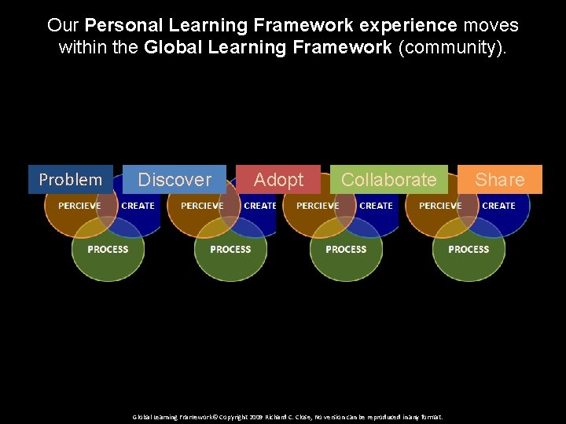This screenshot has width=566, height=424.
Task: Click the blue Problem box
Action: click(x=70, y=180)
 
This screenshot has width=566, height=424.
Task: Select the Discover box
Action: click(x=175, y=180)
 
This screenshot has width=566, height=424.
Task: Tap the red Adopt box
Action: click(x=278, y=180)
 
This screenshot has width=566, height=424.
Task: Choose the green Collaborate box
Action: click(x=388, y=180)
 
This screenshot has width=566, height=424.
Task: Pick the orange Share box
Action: click(x=500, y=180)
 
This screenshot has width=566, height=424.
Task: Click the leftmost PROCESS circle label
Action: click(x=108, y=249)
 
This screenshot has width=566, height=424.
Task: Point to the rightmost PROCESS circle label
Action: click(x=469, y=249)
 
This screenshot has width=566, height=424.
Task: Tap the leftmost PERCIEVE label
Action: click(x=79, y=206)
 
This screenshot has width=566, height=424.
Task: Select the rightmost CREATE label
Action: click(x=498, y=206)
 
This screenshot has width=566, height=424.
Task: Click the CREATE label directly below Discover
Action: click(x=138, y=206)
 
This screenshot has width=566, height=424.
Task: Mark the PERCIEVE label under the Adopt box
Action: click(x=318, y=206)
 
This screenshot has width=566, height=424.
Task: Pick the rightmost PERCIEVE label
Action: click(x=440, y=206)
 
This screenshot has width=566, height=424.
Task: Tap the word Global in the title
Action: click(x=174, y=48)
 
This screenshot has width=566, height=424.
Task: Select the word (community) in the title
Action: click(x=454, y=48)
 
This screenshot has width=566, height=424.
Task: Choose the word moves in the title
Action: click(x=491, y=25)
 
